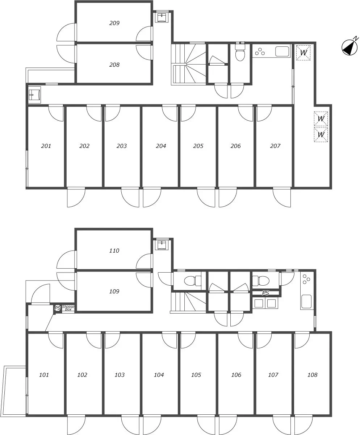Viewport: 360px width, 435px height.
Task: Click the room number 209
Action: [114, 23]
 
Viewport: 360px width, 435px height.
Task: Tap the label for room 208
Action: [114, 65]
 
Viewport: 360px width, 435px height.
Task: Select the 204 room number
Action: [161, 146]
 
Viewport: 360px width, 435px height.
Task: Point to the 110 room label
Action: [114, 250]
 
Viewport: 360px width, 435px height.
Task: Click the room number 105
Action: [196, 375]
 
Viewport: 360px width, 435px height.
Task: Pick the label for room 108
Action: [312, 375]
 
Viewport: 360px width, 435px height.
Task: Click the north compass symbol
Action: [350, 47]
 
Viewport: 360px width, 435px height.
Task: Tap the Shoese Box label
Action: [68, 308]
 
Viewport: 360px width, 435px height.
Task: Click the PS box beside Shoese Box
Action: [58, 308]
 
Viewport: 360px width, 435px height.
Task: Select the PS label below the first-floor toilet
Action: [265, 293]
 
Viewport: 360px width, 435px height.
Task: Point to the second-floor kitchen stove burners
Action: [260, 51]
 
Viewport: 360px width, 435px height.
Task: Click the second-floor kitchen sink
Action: [282, 51]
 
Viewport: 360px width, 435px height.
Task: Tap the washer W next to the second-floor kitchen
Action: [303, 53]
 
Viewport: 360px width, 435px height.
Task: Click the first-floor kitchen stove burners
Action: [306, 279]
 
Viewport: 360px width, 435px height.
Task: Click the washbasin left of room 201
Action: [34, 95]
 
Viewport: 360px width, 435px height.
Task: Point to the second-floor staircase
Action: [189, 64]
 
